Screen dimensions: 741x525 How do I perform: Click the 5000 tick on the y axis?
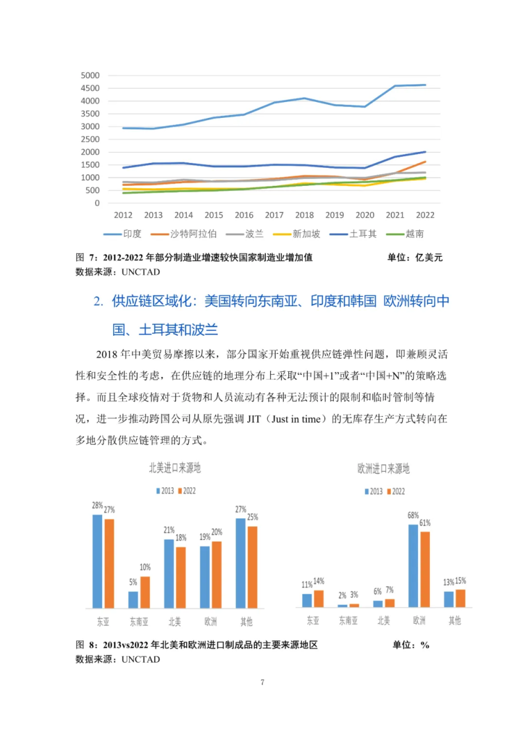coord(90,75)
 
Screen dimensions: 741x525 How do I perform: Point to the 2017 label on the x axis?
coord(274,215)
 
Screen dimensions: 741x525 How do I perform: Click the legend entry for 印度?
coord(132,234)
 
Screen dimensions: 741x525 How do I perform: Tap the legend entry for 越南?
coord(414,234)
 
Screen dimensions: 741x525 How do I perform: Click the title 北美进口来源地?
coord(175,468)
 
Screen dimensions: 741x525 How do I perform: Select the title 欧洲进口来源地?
coord(383,469)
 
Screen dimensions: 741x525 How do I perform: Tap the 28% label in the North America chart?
coord(98,504)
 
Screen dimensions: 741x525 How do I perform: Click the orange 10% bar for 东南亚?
coord(145,592)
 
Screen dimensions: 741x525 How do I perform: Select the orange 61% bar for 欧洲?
coord(425,569)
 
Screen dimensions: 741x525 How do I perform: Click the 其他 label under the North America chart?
coord(245,621)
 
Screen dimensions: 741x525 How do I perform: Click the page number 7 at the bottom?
coord(263,682)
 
